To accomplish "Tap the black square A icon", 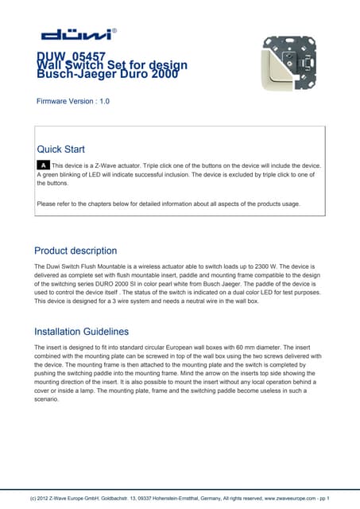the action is (44, 165).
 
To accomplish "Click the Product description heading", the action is (75, 251).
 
